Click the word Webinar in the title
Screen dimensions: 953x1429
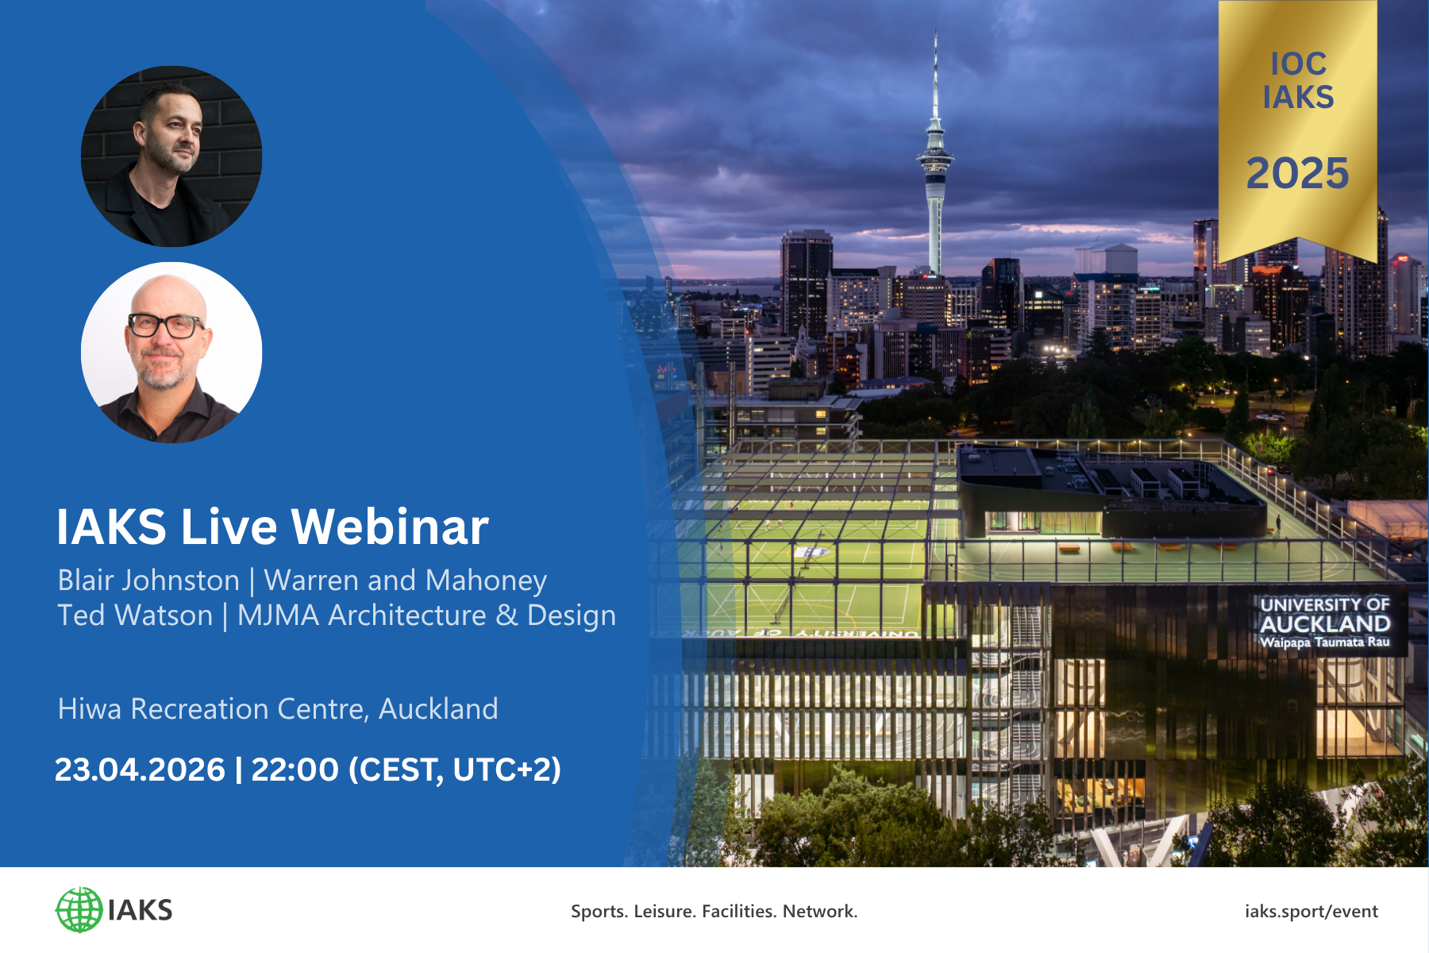click(x=390, y=527)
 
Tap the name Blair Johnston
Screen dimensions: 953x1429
click(x=148, y=581)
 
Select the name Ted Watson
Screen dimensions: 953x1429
click(x=135, y=615)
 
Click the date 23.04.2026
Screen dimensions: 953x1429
click(x=140, y=770)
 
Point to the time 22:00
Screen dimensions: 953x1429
click(x=295, y=770)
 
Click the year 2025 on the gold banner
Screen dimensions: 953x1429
click(x=1297, y=173)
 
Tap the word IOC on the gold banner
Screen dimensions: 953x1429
click(x=1298, y=64)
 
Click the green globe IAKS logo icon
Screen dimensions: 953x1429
click(x=79, y=910)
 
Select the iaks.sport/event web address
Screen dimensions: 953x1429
click(x=1311, y=912)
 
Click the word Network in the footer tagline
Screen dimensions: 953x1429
click(x=818, y=912)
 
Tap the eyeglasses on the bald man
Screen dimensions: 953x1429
click(x=165, y=325)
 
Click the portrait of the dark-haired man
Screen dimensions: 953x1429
click(x=171, y=156)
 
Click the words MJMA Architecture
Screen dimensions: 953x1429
click(x=361, y=615)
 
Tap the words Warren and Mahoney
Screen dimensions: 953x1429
click(x=405, y=581)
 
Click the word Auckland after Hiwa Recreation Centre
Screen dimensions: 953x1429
click(x=438, y=708)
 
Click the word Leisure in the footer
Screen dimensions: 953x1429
click(x=664, y=912)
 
